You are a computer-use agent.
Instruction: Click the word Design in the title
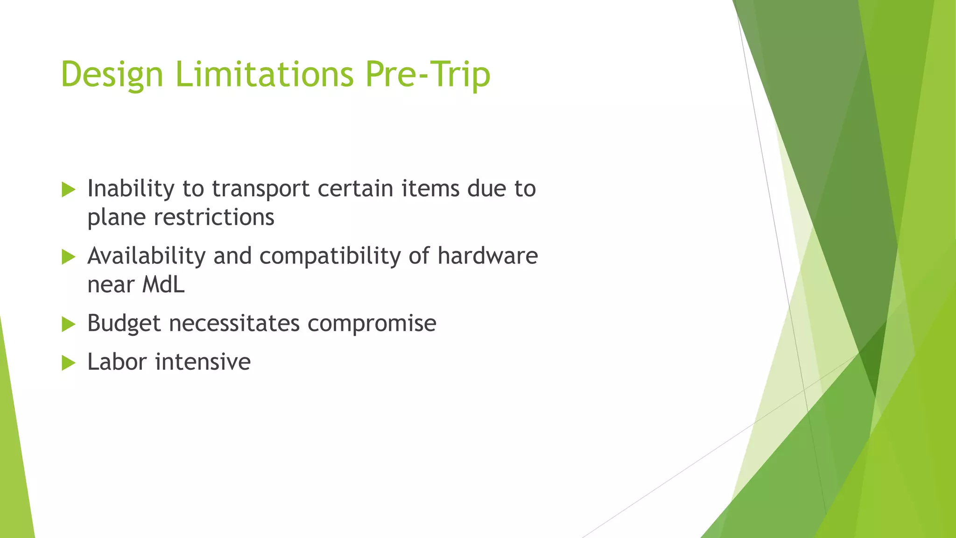(112, 75)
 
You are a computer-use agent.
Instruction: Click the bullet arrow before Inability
(68, 190)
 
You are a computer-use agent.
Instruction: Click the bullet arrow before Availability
(68, 257)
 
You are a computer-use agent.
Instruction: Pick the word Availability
(146, 256)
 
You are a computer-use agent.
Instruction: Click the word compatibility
(330, 256)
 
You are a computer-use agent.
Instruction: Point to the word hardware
(487, 256)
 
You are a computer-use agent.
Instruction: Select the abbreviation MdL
(163, 284)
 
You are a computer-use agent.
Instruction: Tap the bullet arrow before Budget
(68, 324)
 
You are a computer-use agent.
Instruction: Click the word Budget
(124, 324)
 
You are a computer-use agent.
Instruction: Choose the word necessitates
(234, 323)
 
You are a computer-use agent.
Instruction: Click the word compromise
(372, 324)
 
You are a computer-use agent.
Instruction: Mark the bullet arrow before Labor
(68, 363)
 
